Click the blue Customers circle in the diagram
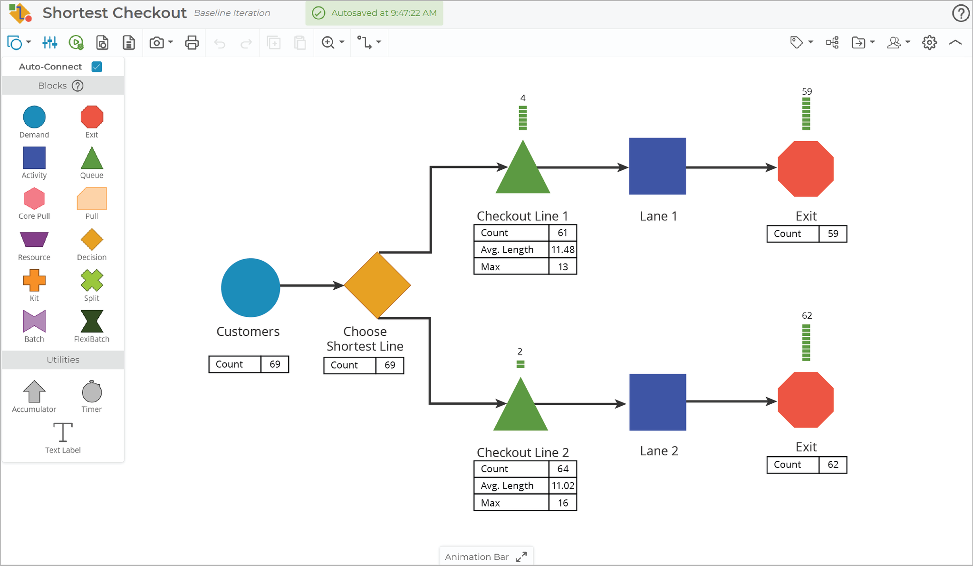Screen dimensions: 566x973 (250, 287)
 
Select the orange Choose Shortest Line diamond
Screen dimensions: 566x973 (377, 285)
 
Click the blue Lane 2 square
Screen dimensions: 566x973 (657, 402)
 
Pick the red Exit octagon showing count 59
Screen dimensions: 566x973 (806, 168)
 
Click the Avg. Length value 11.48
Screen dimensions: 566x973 (563, 250)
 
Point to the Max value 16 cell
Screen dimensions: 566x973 (563, 503)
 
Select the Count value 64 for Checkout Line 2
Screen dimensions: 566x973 (563, 468)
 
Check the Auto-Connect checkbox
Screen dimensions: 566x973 (97, 67)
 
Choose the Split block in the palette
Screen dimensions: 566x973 (92, 280)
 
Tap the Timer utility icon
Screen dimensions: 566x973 (92, 392)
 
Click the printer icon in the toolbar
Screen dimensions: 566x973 (192, 43)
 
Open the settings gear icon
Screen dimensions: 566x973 (929, 43)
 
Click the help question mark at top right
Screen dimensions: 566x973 (961, 13)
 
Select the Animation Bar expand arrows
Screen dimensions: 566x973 (521, 556)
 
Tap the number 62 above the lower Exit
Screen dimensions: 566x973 (807, 315)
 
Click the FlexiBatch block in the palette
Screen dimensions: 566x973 (92, 322)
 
